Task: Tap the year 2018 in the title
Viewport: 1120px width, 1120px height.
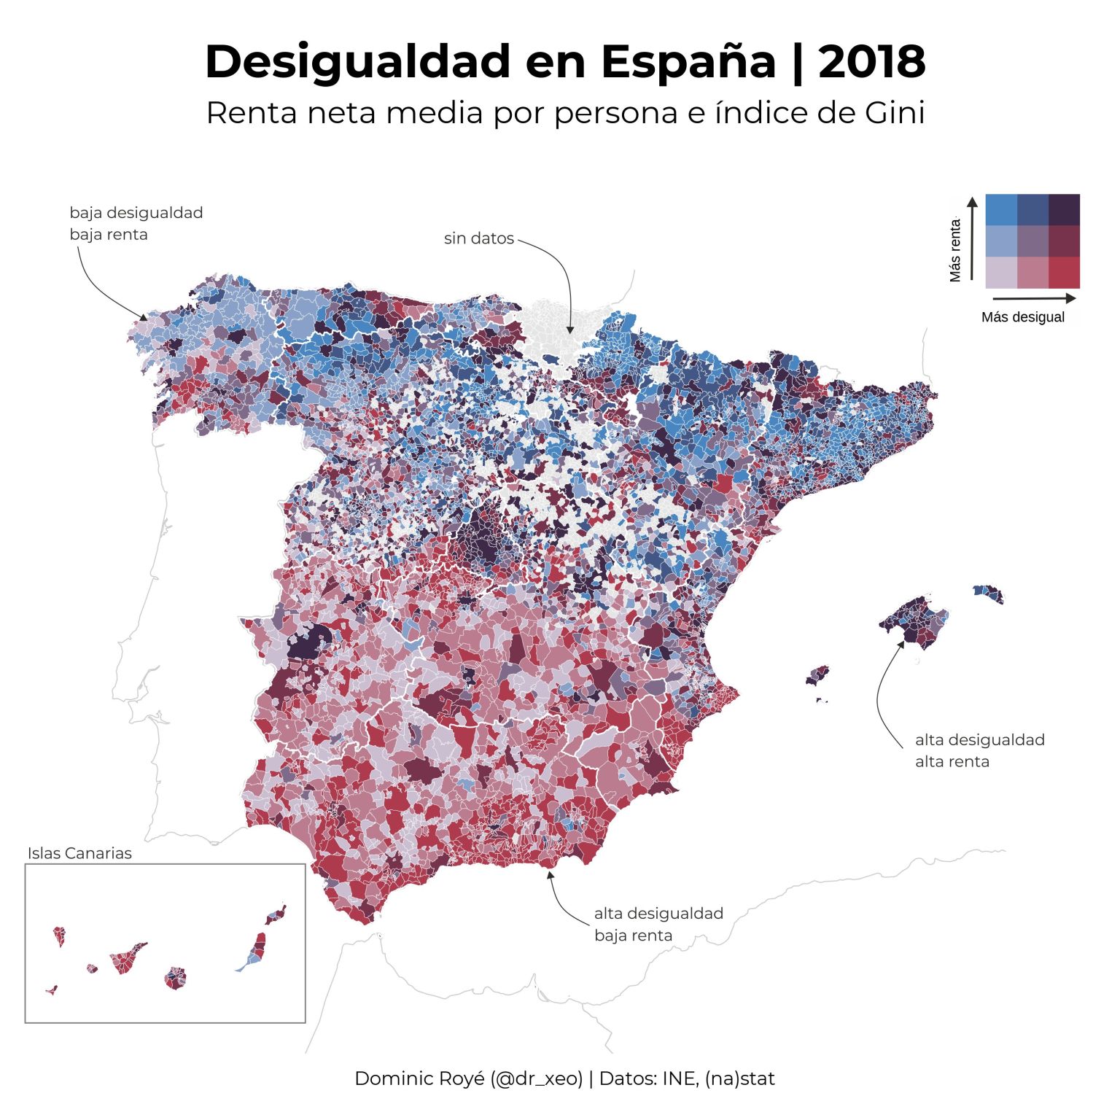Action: tap(871, 62)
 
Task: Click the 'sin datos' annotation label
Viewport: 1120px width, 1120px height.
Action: tap(478, 238)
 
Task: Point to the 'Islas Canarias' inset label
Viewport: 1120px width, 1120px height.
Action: tap(79, 853)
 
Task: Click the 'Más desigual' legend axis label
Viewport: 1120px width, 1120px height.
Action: tap(1022, 317)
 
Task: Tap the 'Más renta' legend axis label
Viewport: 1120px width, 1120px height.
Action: tap(955, 250)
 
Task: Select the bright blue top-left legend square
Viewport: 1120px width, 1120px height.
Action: tap(1000, 209)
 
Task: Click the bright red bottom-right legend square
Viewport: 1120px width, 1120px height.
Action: tap(1064, 273)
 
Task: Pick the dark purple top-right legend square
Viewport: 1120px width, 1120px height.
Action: tap(1064, 209)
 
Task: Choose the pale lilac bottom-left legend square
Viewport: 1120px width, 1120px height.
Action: tap(1000, 273)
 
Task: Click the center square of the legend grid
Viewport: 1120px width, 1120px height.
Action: tap(1032, 241)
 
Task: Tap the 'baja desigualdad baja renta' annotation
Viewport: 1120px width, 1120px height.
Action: tap(136, 223)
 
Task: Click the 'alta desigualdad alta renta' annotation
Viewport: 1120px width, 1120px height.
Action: tap(979, 750)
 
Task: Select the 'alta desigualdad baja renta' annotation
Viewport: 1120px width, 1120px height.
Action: tap(658, 924)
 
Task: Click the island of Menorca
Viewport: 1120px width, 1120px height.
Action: tap(989, 593)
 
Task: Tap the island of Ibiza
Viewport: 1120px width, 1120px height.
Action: tap(817, 675)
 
